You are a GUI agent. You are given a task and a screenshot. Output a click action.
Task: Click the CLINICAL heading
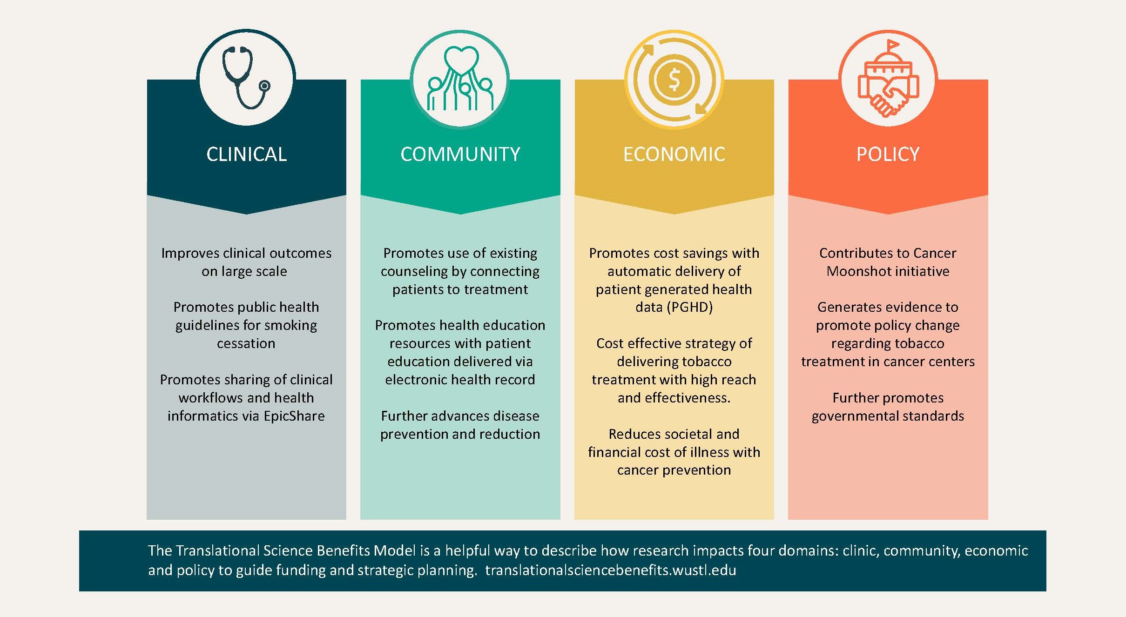[246, 154]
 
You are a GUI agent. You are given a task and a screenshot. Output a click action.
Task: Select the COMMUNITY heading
[460, 154]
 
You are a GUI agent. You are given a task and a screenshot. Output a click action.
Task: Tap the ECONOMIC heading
[674, 154]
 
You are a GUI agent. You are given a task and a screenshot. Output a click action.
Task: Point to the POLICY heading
[888, 154]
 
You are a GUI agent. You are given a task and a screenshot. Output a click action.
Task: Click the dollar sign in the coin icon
[674, 80]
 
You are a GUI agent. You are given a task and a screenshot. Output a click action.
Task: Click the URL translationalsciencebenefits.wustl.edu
[611, 570]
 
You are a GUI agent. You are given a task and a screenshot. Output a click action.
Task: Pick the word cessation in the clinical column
[246, 343]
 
